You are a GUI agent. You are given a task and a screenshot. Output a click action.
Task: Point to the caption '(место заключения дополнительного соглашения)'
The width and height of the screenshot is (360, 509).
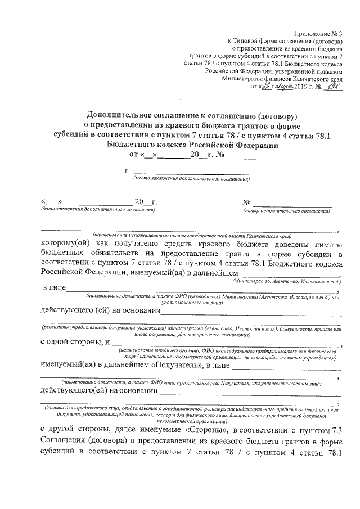click(x=191, y=179)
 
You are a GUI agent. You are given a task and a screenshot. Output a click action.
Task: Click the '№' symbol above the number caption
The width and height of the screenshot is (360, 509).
click(x=246, y=202)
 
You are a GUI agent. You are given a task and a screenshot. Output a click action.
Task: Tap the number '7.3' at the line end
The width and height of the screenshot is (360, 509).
click(x=334, y=430)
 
